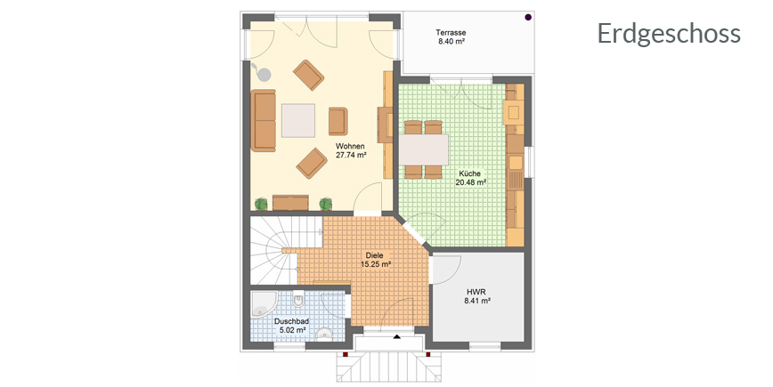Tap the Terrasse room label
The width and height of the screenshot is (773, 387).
tap(451, 33)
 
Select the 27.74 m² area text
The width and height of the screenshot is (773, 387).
tap(351, 155)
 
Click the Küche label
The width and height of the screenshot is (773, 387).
tap(470, 173)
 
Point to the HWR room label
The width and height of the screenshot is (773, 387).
tap(476, 292)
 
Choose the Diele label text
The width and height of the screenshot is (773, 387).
tap(375, 255)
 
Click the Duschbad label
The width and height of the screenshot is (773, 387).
tap(292, 321)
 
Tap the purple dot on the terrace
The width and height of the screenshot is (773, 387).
tap(528, 17)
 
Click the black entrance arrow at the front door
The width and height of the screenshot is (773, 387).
tap(397, 337)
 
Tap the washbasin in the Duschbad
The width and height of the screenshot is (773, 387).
tap(324, 334)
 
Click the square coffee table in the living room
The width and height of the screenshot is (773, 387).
tap(298, 120)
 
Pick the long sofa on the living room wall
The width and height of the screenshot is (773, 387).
tap(264, 120)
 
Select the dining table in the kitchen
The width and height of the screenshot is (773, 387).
tap(424, 149)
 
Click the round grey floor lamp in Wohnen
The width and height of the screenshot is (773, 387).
tap(264, 74)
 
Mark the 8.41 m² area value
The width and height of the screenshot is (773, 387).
tap(477, 301)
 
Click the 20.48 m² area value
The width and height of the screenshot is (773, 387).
tap(470, 182)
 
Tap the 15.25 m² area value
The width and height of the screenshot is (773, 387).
tap(376, 264)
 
